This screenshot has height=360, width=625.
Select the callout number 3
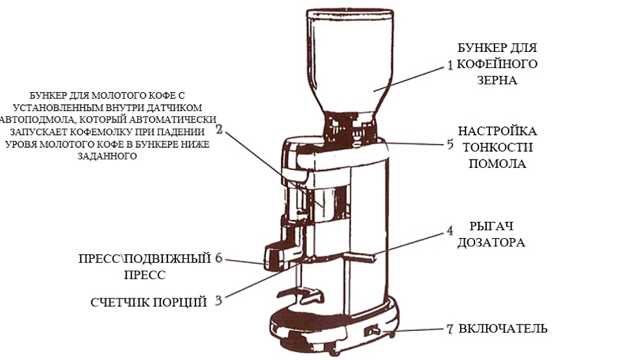point(219,300)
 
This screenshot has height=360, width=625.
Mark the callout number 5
point(450,144)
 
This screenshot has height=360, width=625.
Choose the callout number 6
point(219,259)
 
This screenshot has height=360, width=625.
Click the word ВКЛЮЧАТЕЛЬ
point(502,328)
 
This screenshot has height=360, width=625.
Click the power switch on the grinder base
point(372,331)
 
